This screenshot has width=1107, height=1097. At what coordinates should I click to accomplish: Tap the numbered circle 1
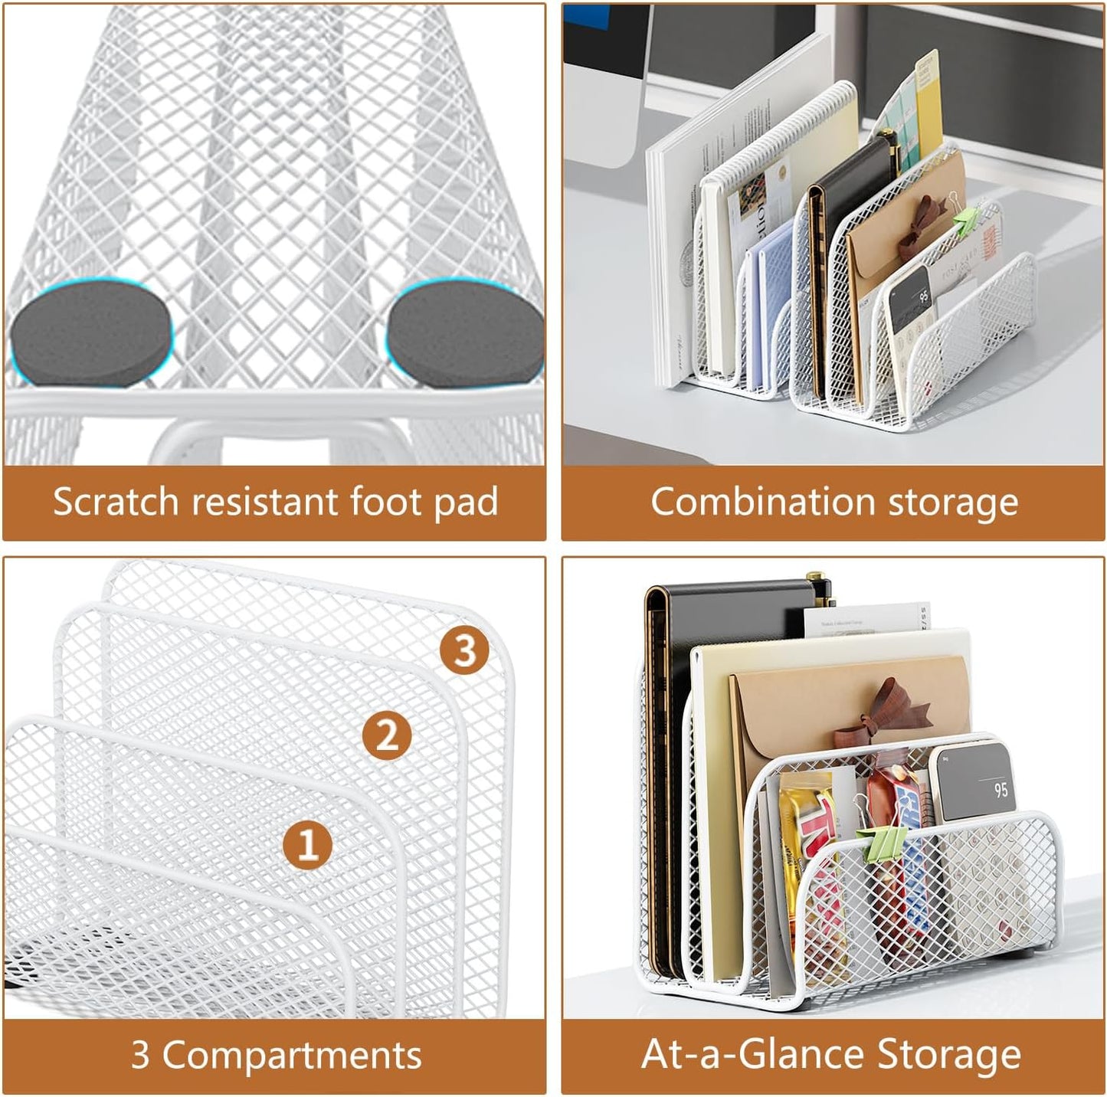pyautogui.click(x=307, y=845)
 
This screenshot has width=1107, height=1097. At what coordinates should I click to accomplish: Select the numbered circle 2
pyautogui.click(x=387, y=735)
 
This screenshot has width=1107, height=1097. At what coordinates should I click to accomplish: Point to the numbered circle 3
pyautogui.click(x=464, y=650)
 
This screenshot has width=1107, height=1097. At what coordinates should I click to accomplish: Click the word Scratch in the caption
pyautogui.click(x=116, y=503)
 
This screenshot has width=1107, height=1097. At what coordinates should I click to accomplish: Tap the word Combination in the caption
pyautogui.click(x=762, y=503)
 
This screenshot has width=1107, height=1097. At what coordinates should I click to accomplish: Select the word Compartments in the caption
pyautogui.click(x=292, y=1055)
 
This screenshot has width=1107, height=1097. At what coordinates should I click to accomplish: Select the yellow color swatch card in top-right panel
pyautogui.click(x=928, y=107)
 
